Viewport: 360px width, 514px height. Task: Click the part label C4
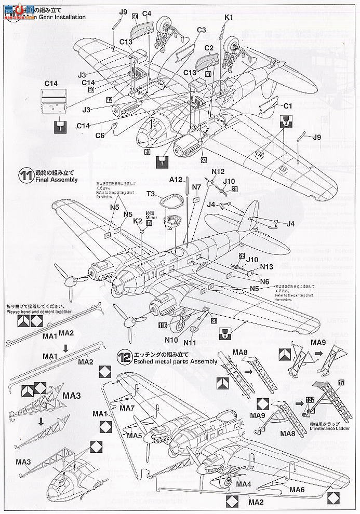pyautogui.click(x=146, y=12)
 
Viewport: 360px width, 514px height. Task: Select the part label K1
pyautogui.click(x=230, y=17)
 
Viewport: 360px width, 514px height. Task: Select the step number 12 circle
pyautogui.click(x=124, y=357)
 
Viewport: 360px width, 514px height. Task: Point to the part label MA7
pyautogui.click(x=127, y=409)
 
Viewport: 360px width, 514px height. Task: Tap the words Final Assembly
pyautogui.click(x=57, y=180)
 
